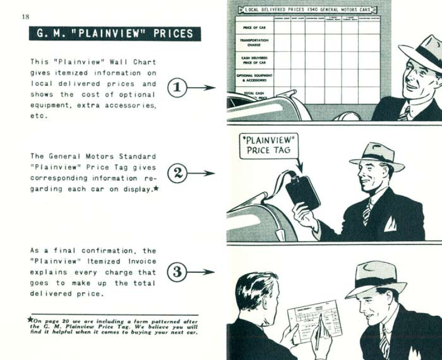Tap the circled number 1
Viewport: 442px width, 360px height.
177,88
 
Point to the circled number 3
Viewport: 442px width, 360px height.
177,272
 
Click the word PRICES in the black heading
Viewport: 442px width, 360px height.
173,34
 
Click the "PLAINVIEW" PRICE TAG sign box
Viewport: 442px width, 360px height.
268,146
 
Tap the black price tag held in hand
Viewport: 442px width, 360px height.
303,192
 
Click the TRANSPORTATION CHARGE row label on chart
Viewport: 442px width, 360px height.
254,42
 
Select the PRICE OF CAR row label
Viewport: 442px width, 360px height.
254,27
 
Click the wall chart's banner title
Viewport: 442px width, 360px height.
308,9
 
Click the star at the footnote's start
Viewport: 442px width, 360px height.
30,320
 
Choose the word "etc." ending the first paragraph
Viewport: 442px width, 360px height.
38,116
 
